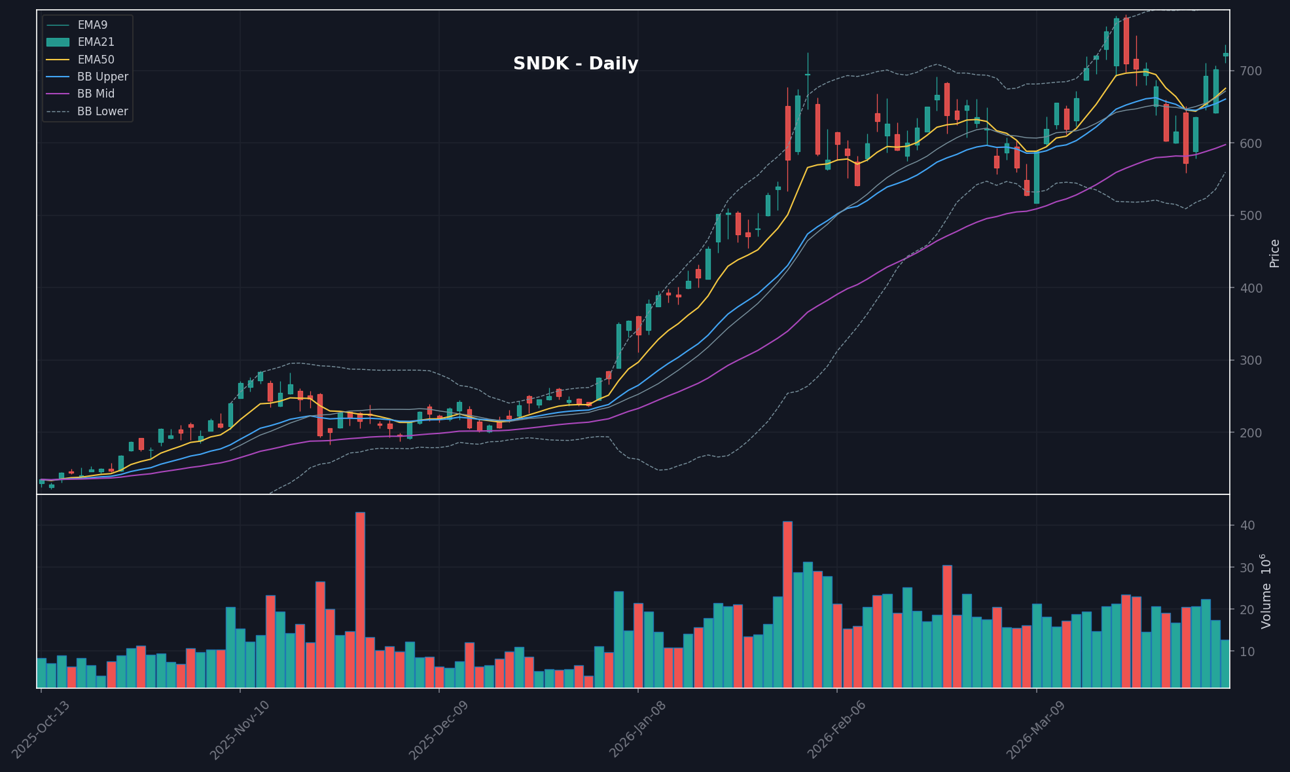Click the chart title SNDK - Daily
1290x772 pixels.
(x=575, y=64)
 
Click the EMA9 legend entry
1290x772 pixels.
(x=92, y=25)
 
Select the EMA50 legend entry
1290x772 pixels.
(x=96, y=60)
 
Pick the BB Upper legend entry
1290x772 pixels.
(x=102, y=77)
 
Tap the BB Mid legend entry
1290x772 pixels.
(x=96, y=94)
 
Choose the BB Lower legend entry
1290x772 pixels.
(x=102, y=111)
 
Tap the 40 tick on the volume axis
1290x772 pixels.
(x=1246, y=525)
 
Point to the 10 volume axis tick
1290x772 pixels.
(x=1246, y=652)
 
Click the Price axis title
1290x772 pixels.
(x=1274, y=253)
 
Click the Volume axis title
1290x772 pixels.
(x=1267, y=591)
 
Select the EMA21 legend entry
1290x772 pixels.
(x=96, y=42)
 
